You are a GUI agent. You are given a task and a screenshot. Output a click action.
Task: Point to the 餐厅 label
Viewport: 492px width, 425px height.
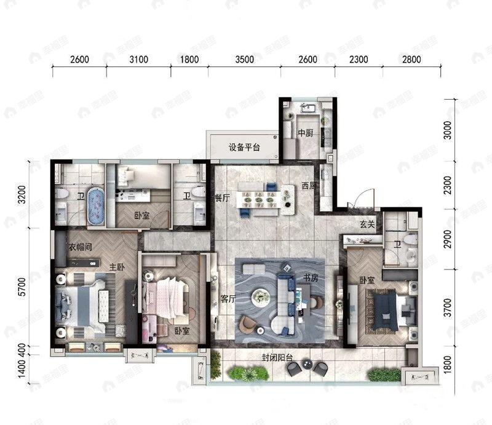pos(222,198)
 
